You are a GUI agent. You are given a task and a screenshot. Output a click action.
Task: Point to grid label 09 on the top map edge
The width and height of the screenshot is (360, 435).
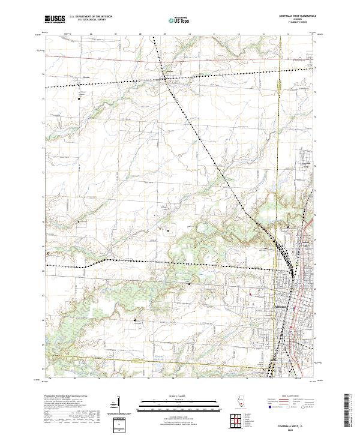click(x=164, y=35)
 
